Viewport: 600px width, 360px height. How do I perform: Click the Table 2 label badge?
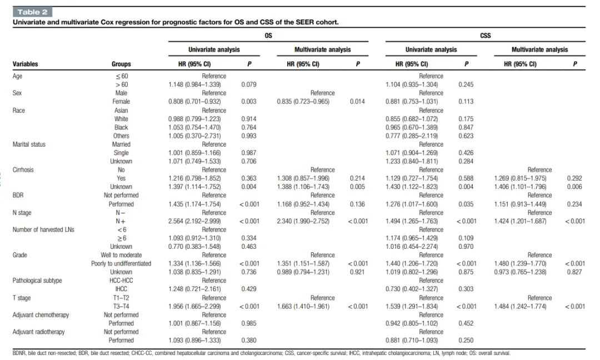32,12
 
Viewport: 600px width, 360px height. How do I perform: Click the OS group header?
268,36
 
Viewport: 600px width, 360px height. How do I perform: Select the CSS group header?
485,36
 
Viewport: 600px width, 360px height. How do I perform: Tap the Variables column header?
25,64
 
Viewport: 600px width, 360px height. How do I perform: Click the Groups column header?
121,64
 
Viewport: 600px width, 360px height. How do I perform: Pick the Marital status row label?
29,144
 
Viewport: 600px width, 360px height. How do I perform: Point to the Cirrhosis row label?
23,169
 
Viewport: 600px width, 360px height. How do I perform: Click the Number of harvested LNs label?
43,229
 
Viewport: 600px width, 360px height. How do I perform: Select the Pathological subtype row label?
37,281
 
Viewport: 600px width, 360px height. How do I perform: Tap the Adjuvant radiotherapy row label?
39,332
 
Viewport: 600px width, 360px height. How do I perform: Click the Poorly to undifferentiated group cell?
121,263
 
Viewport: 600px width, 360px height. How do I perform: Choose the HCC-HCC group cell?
121,281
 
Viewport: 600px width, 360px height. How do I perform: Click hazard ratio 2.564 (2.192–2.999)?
195,221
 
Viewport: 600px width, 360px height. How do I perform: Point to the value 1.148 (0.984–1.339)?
195,84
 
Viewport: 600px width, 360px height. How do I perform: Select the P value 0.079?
249,84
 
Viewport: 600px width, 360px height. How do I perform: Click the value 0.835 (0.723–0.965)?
303,101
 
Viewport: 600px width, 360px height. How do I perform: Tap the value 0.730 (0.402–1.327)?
412,289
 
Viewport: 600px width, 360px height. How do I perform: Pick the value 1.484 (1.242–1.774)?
521,307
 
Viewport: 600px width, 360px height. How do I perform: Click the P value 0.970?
466,247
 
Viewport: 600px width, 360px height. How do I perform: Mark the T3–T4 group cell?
121,307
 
